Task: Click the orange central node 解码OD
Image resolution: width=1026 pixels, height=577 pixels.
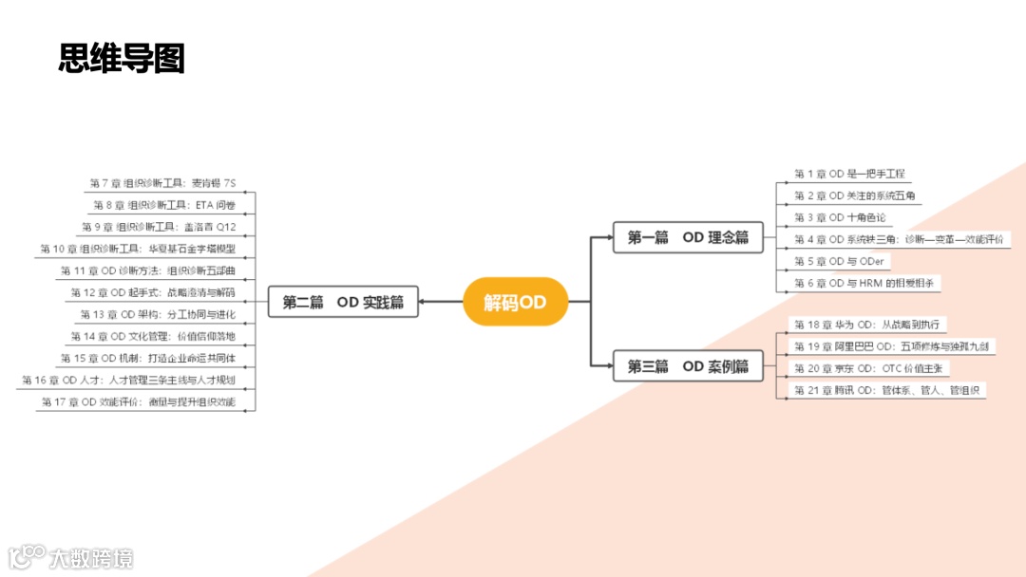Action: pyautogui.click(x=515, y=303)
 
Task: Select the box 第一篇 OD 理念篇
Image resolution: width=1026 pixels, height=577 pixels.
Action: pyautogui.click(x=688, y=237)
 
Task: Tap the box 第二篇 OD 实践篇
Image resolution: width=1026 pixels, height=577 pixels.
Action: pyautogui.click(x=343, y=303)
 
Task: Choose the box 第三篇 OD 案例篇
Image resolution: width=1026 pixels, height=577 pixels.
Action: pyautogui.click(x=688, y=366)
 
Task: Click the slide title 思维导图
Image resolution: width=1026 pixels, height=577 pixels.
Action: pyautogui.click(x=122, y=59)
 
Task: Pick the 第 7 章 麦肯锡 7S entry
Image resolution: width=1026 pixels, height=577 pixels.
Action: pyautogui.click(x=162, y=183)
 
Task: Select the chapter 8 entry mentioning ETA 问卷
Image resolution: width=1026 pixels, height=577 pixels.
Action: pyautogui.click(x=164, y=205)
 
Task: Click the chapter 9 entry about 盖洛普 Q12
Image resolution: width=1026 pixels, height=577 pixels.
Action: pyautogui.click(x=159, y=227)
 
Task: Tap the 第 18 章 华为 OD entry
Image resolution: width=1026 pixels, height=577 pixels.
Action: pyautogui.click(x=870, y=325)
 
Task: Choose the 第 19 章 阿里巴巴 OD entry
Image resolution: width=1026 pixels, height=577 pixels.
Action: pyautogui.click(x=891, y=346)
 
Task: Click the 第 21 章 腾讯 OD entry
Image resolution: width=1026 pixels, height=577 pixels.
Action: pyautogui.click(x=889, y=390)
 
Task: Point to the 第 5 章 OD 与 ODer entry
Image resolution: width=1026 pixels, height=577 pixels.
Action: pyautogui.click(x=839, y=261)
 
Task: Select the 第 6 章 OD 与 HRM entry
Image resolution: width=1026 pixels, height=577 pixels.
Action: pyautogui.click(x=867, y=283)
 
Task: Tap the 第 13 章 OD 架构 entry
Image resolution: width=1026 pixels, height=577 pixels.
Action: pyautogui.click(x=158, y=314)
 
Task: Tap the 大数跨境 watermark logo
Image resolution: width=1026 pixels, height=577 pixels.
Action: pyautogui.click(x=71, y=557)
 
